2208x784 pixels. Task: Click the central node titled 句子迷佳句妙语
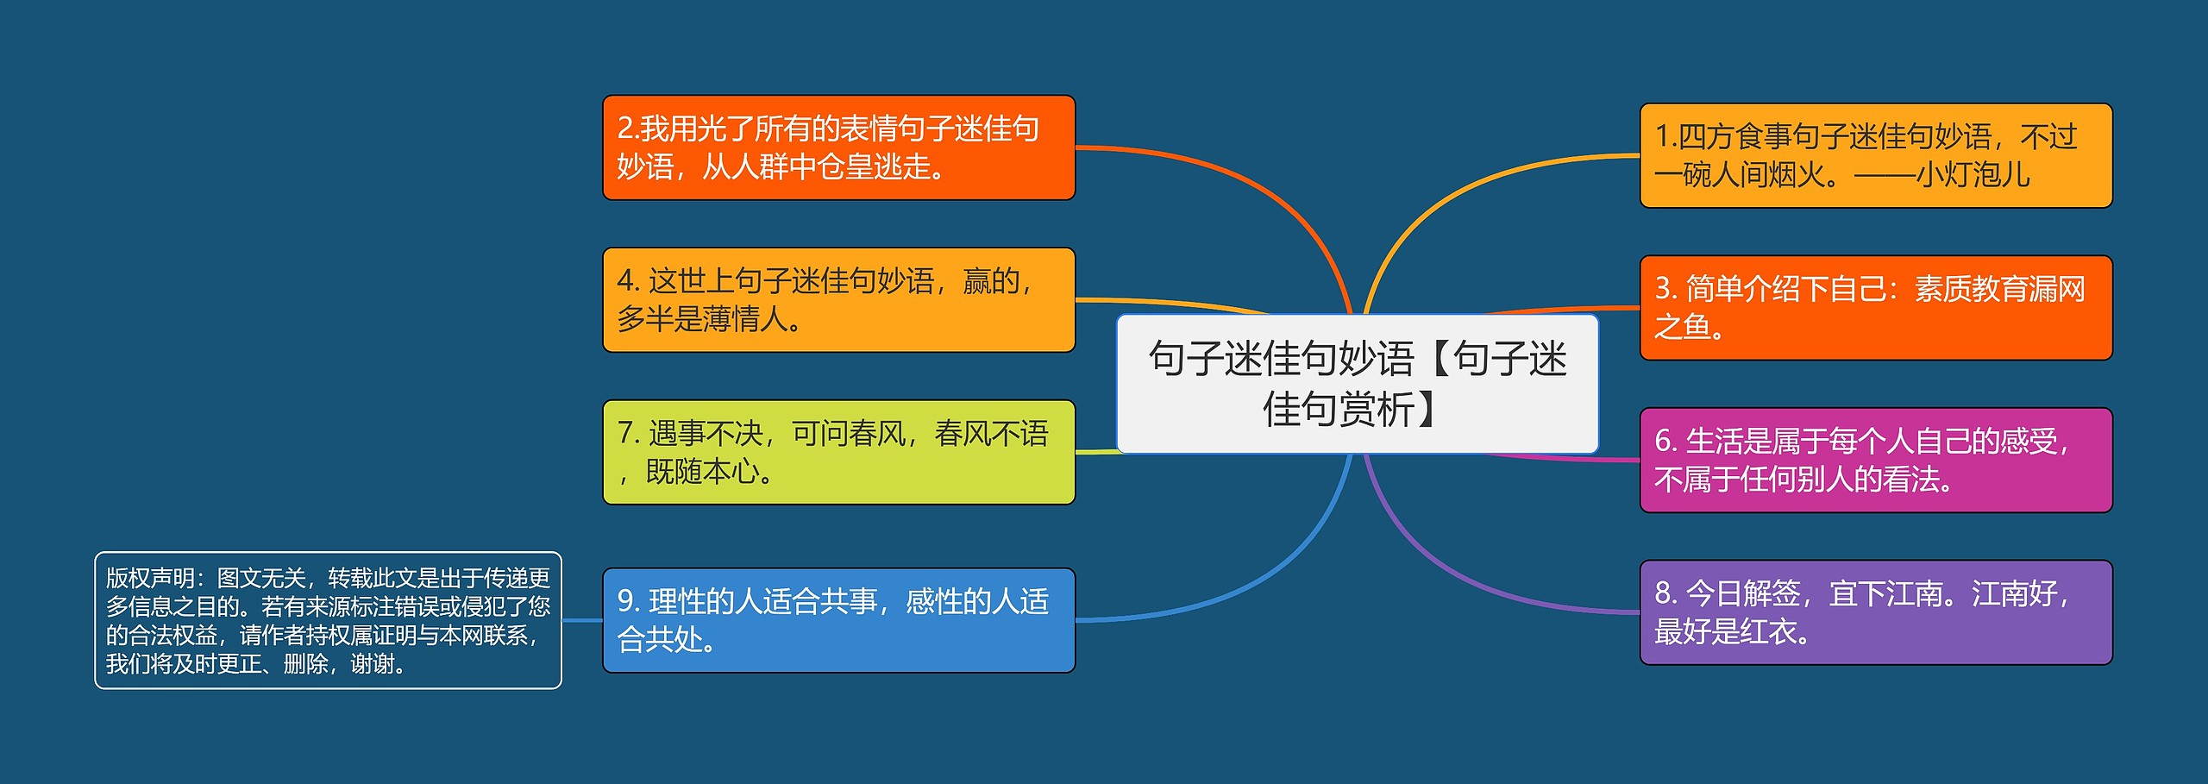click(x=1357, y=384)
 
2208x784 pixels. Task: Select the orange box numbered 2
click(x=838, y=147)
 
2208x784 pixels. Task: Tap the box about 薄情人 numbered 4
click(x=838, y=300)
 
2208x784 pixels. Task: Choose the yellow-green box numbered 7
click(x=838, y=452)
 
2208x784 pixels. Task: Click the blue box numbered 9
click(x=838, y=620)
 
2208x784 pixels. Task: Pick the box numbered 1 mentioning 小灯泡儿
click(x=1875, y=156)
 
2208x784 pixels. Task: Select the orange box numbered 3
click(x=1875, y=308)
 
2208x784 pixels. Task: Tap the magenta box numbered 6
click(x=1875, y=461)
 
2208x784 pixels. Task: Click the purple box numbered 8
click(x=1875, y=612)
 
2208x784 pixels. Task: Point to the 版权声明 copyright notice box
click(x=328, y=620)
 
